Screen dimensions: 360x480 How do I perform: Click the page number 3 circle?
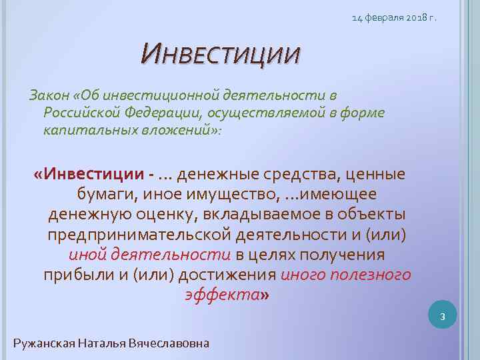[x=441, y=316]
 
